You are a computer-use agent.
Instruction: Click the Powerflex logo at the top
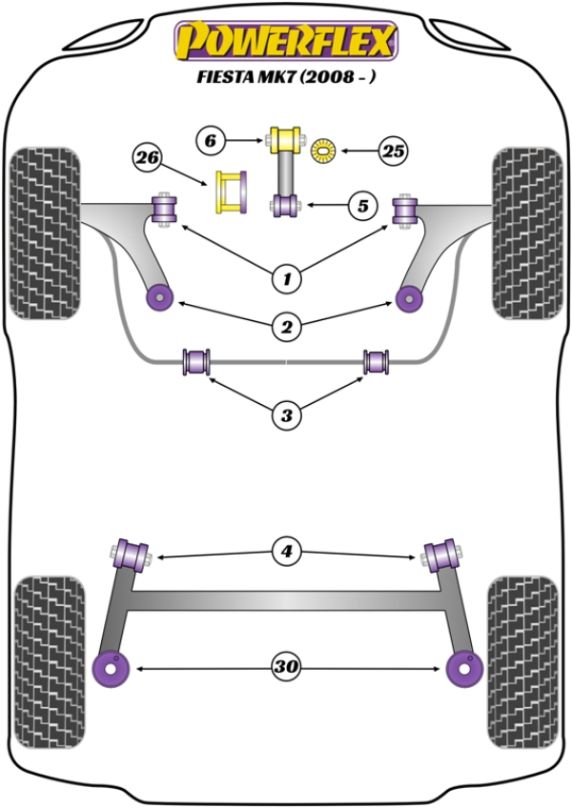pyautogui.click(x=284, y=41)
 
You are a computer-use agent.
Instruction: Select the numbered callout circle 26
pyautogui.click(x=148, y=157)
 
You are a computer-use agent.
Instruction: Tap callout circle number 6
pyautogui.click(x=211, y=141)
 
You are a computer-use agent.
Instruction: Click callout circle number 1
pyautogui.click(x=285, y=278)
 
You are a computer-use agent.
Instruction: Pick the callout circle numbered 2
pyautogui.click(x=285, y=328)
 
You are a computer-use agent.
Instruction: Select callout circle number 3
pyautogui.click(x=285, y=414)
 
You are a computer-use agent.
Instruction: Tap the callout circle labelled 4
pyautogui.click(x=285, y=551)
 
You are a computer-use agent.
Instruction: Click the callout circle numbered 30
pyautogui.click(x=285, y=668)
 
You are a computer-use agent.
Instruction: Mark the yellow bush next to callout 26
pyautogui.click(x=232, y=192)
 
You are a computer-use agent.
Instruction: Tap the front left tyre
pyautogui.click(x=45, y=232)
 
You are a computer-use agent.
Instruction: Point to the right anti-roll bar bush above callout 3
pyautogui.click(x=377, y=362)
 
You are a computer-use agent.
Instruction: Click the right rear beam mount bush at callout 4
pyautogui.click(x=441, y=554)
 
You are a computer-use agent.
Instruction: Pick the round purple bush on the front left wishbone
pyautogui.click(x=157, y=297)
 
